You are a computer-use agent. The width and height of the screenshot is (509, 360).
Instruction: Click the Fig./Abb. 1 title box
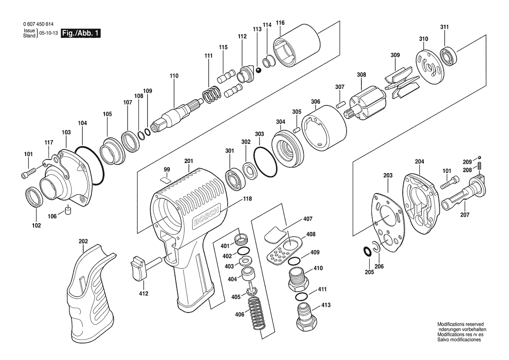coord(81,33)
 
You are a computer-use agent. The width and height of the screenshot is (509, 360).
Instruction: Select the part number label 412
coord(144,294)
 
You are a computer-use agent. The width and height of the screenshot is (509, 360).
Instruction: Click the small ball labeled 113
coord(259,71)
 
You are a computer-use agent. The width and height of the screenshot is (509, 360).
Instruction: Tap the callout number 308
coord(361,75)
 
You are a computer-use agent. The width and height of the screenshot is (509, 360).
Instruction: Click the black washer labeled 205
coord(367,251)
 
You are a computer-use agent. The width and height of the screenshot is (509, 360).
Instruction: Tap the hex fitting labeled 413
coord(304,317)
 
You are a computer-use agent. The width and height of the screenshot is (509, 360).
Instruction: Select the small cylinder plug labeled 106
coord(68,210)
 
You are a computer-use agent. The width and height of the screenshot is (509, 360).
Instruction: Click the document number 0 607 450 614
coord(38,24)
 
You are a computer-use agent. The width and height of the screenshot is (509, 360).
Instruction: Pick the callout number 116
coord(280,23)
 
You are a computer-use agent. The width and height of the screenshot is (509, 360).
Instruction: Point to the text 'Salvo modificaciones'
coord(459,340)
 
